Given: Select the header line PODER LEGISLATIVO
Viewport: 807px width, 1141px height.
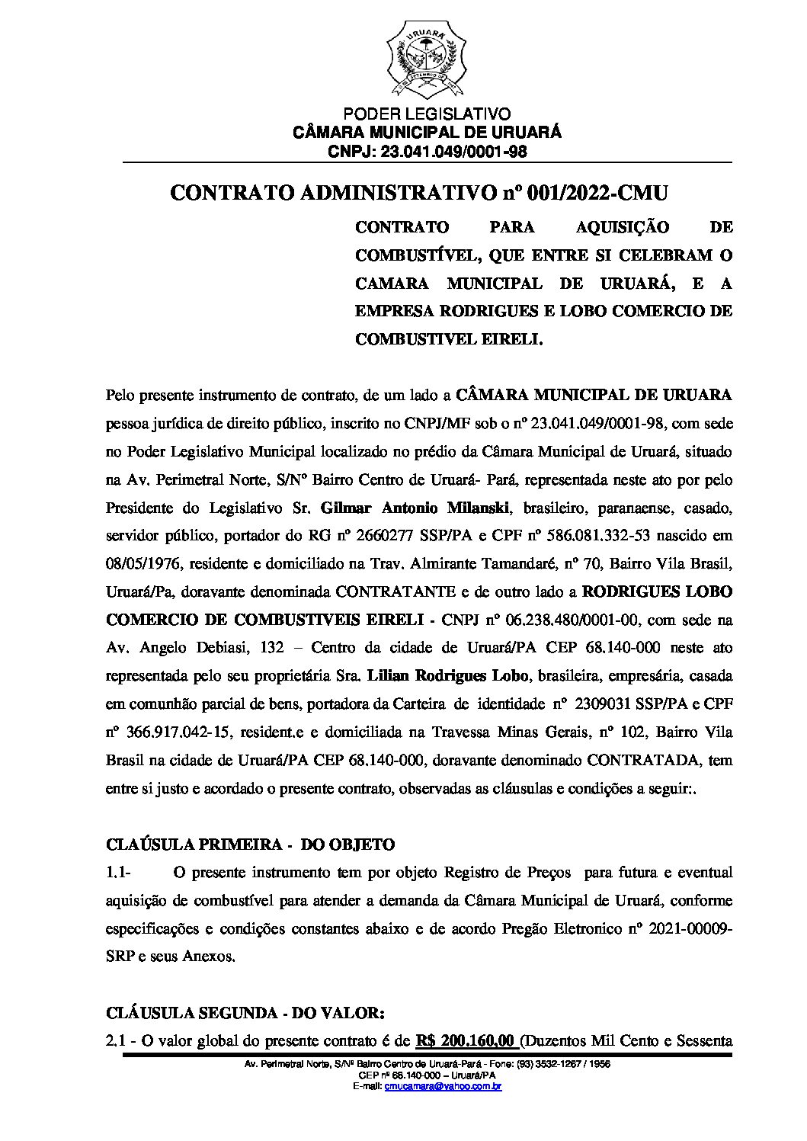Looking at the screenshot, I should (x=427, y=115).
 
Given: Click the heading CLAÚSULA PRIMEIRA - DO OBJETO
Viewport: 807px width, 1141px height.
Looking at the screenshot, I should (x=251, y=845).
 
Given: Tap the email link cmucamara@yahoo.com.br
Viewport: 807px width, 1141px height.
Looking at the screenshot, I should (x=443, y=1086).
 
